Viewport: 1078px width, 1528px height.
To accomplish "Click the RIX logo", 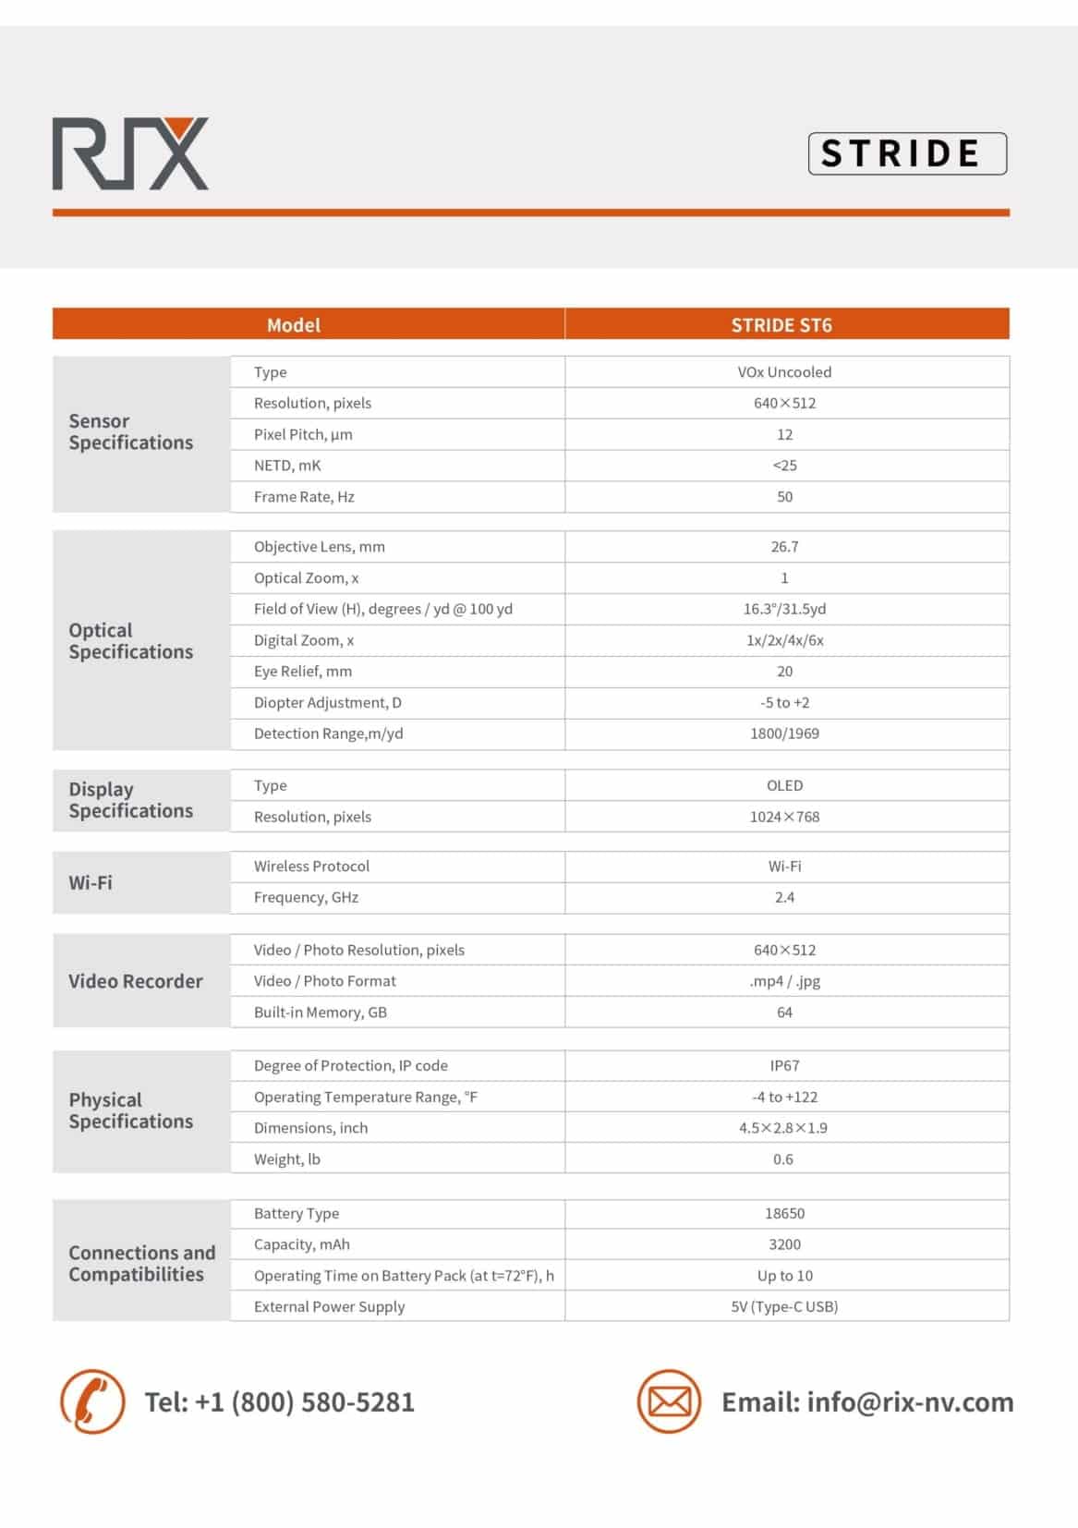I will [x=130, y=153].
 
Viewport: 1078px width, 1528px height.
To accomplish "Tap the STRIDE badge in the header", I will [x=906, y=153].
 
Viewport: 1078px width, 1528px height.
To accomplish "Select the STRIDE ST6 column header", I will [x=781, y=325].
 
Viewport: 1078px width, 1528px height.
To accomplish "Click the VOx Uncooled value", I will [x=784, y=372].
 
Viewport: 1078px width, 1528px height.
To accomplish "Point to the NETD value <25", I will [x=784, y=466].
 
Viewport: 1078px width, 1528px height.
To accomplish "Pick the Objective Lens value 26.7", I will [x=784, y=547].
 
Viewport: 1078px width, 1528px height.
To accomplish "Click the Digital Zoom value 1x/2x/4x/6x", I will [x=784, y=640].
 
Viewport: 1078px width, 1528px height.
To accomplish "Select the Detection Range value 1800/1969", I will [x=784, y=734].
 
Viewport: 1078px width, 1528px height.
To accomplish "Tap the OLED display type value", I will [x=784, y=785].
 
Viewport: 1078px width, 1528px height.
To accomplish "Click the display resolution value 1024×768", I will [x=784, y=817].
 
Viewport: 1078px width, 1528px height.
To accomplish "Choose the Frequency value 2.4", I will [x=784, y=897].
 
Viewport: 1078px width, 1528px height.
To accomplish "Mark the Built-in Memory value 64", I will [x=784, y=1013].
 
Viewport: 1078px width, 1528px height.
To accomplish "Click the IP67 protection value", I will [x=784, y=1066].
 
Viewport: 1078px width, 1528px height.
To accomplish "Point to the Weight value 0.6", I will [x=783, y=1159].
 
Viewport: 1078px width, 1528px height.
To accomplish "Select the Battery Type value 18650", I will [x=784, y=1214].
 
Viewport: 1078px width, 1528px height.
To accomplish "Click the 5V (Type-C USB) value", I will [x=784, y=1307].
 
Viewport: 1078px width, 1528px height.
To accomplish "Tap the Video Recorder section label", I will [x=136, y=981].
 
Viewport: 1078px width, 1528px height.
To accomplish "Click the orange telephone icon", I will [x=92, y=1401].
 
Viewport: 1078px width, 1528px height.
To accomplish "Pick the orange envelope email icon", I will [x=669, y=1401].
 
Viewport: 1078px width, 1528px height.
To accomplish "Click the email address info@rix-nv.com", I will [x=910, y=1402].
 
